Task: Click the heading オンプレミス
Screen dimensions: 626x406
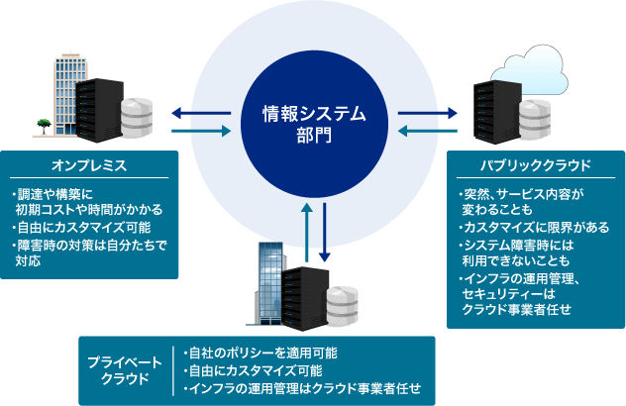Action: [x=89, y=165]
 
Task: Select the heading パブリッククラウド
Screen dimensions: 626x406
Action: [x=536, y=165]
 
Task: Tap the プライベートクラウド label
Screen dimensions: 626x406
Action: [x=125, y=370]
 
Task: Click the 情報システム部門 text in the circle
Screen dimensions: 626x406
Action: [x=314, y=124]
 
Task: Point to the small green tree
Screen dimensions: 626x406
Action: [x=44, y=126]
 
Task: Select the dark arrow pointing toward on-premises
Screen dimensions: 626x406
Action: [x=201, y=113]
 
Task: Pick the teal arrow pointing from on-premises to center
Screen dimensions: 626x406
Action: [x=201, y=131]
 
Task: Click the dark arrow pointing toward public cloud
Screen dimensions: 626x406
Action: [x=428, y=113]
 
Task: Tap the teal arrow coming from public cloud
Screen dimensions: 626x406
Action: [x=428, y=131]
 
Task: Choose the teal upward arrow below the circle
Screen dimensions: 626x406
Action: [x=307, y=233]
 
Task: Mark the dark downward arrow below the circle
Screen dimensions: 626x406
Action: [x=325, y=233]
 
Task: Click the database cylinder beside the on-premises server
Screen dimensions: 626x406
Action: [x=137, y=118]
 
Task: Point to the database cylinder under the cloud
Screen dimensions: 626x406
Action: [x=535, y=120]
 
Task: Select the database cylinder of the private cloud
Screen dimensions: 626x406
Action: [x=342, y=306]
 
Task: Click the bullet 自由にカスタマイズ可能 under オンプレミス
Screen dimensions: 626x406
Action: [x=81, y=228]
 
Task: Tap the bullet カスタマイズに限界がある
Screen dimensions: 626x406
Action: [x=534, y=228]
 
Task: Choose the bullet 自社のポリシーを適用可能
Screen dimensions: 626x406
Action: [x=261, y=353]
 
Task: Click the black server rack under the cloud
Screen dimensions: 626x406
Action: [x=497, y=112]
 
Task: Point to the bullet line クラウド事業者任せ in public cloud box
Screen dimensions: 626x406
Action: [x=517, y=309]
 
